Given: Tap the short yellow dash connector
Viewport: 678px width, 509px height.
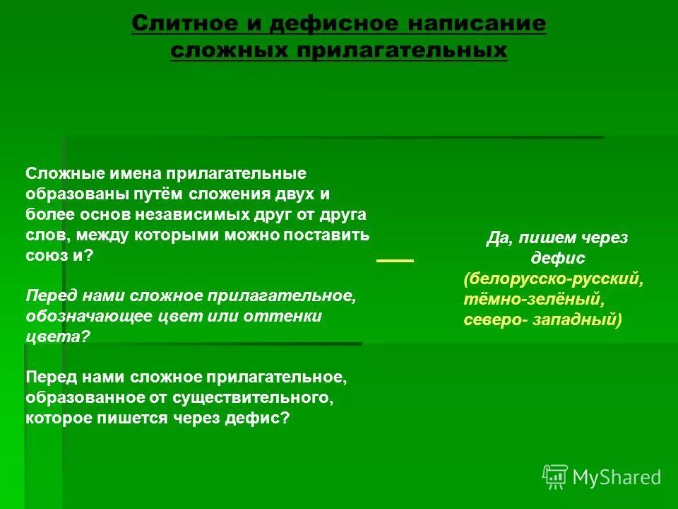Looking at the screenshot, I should point(395,261).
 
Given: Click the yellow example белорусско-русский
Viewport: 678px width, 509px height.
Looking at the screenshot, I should point(553,279).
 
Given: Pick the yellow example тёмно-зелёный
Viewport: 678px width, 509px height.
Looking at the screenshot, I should point(533,299).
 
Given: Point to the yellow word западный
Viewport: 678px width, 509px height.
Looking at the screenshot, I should point(577,320).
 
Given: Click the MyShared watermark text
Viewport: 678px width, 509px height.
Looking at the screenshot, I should point(617,477).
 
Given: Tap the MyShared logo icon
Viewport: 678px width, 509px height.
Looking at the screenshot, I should point(555,477).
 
